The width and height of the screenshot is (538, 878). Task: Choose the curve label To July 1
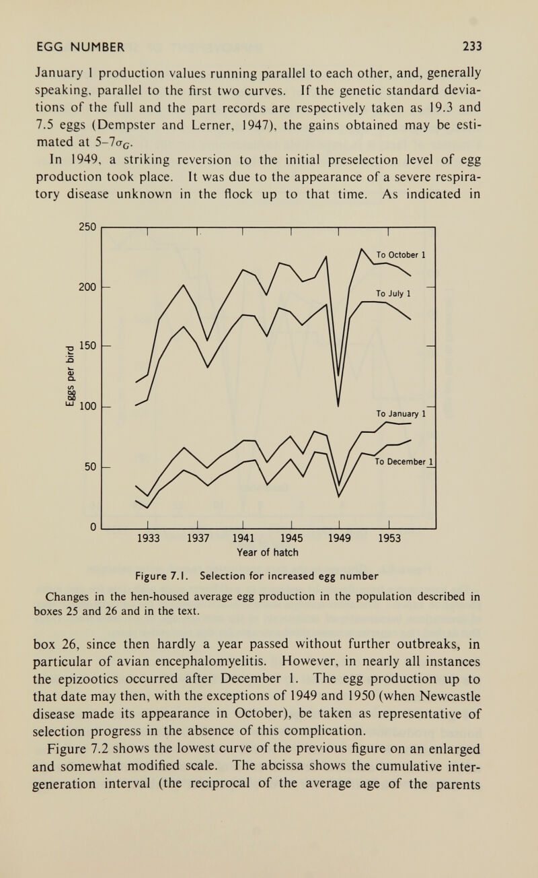[x=393, y=292]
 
